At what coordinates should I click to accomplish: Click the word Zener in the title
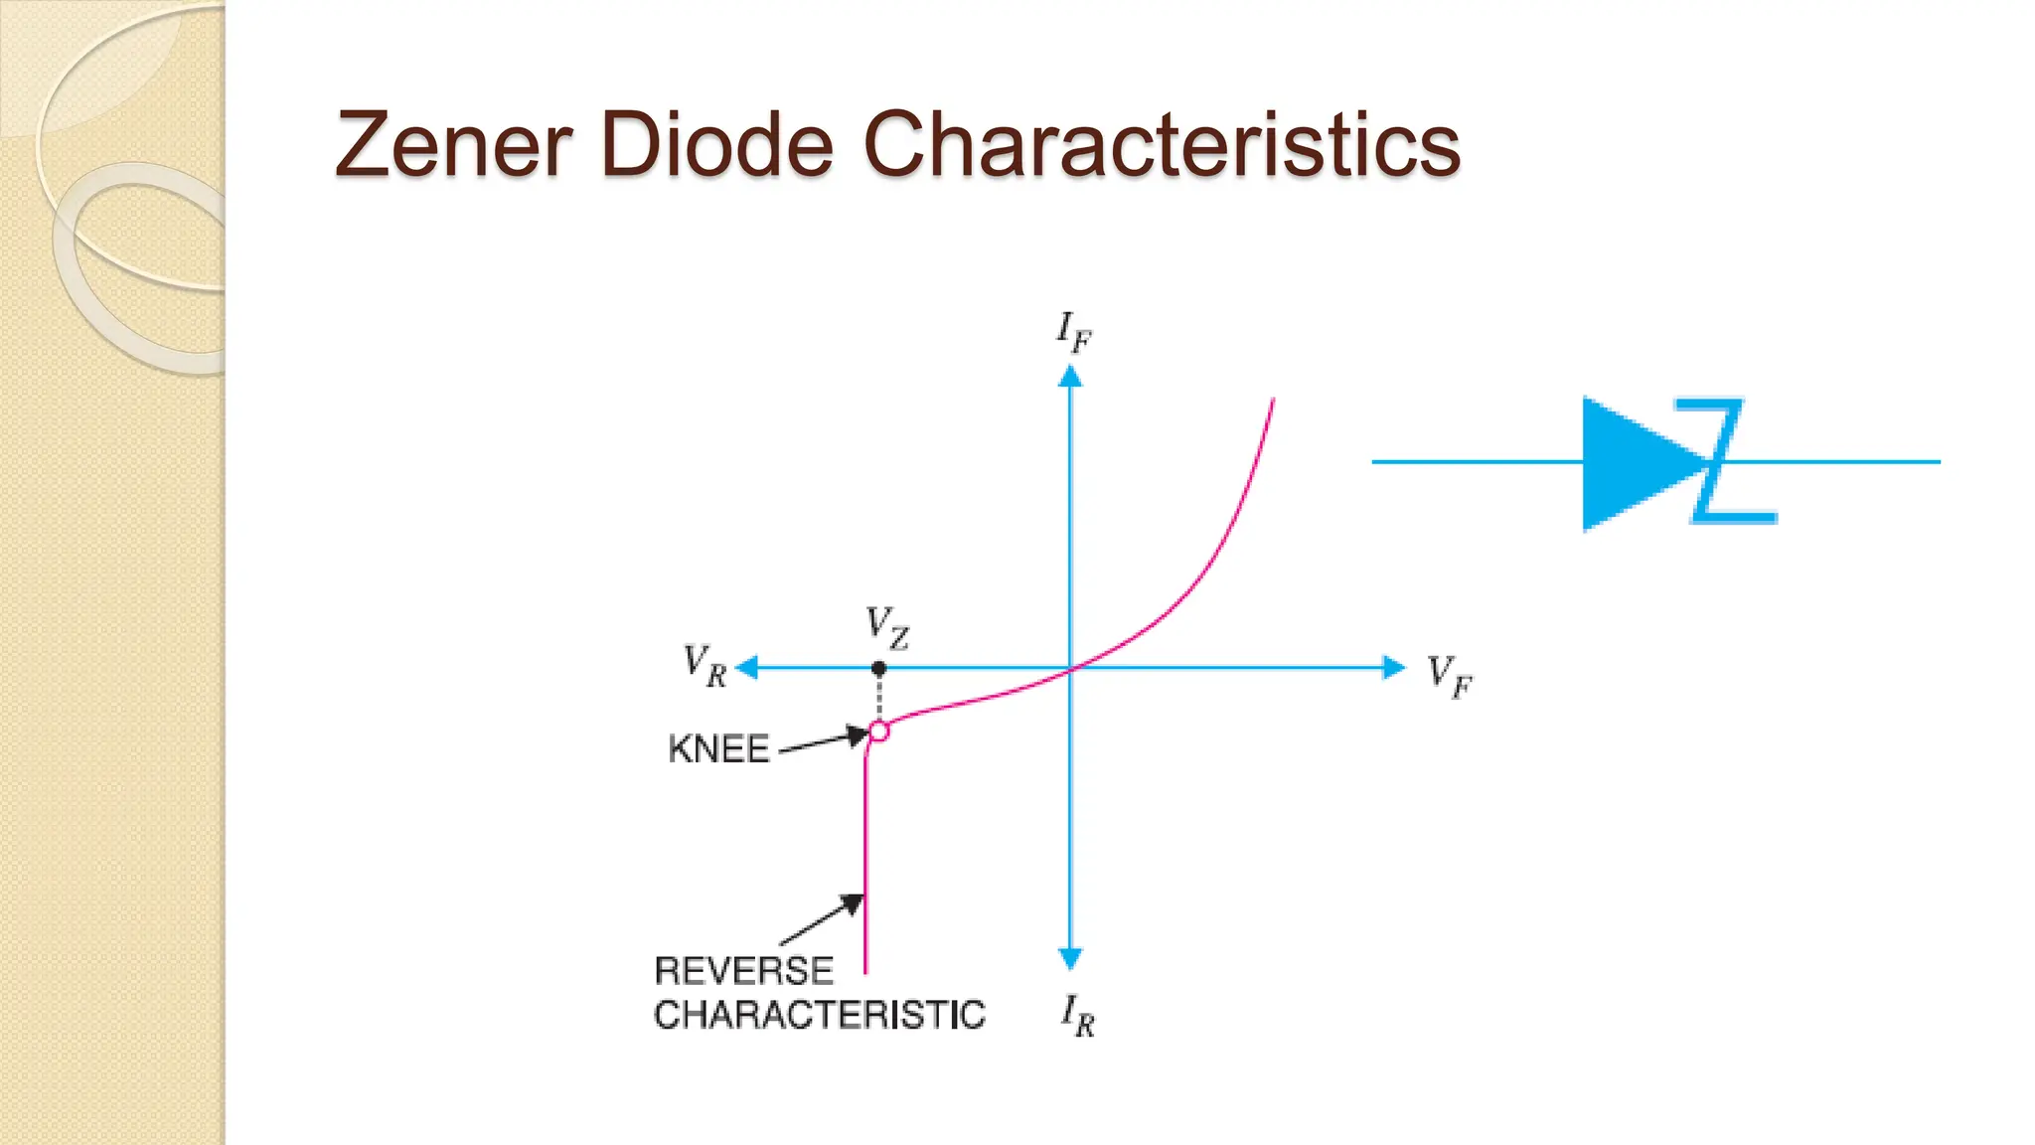(453, 145)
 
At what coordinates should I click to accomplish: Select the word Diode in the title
(716, 145)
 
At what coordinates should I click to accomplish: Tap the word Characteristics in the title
(1162, 145)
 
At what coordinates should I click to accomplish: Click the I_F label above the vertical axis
(1073, 331)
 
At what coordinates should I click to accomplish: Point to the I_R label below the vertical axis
(1077, 1015)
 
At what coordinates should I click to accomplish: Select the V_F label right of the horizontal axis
(1450, 676)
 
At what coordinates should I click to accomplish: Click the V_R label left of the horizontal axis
(705, 665)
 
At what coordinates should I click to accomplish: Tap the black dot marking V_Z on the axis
(878, 669)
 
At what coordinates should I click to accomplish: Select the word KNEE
(718, 749)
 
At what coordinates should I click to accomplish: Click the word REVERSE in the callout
(743, 970)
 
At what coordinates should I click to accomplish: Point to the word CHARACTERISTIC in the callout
(820, 1015)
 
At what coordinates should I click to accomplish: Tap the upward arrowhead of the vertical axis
(1070, 377)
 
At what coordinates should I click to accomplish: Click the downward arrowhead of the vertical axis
(1070, 958)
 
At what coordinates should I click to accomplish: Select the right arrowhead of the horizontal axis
(1394, 668)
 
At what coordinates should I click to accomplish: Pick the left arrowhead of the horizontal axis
(747, 668)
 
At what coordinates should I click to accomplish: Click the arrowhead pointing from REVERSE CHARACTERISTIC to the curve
(853, 903)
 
